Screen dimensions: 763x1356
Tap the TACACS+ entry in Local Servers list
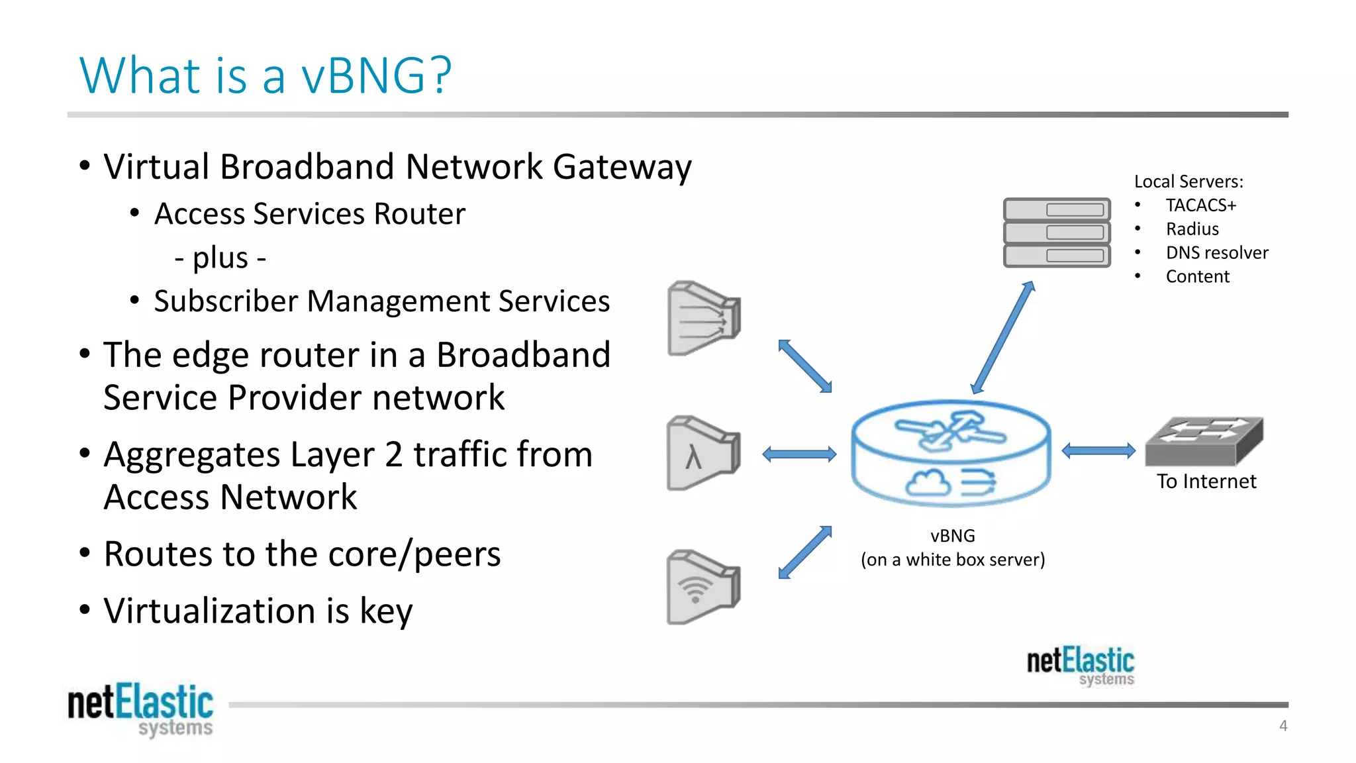point(1200,205)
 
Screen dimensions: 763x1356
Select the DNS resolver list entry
point(1216,253)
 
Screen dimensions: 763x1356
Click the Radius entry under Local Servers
point(1192,229)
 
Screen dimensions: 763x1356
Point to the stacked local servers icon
point(1057,232)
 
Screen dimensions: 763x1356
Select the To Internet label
point(1206,482)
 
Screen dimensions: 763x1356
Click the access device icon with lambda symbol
point(702,454)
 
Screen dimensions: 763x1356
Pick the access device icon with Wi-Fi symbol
point(702,587)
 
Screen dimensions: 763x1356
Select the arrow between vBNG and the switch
point(1098,451)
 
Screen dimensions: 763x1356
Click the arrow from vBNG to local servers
point(1002,338)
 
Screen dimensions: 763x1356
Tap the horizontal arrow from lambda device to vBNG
point(799,454)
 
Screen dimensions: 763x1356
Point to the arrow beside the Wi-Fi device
point(805,552)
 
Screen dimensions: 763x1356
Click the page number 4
point(1283,726)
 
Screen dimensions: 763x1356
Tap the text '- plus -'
point(220,258)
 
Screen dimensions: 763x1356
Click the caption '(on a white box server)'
point(952,560)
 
